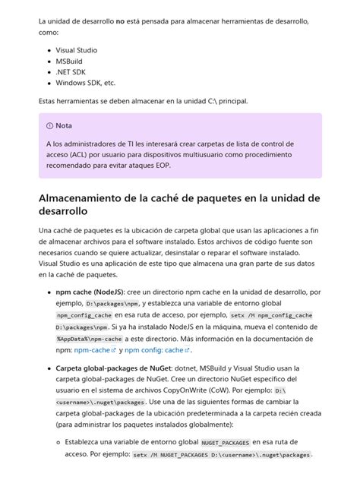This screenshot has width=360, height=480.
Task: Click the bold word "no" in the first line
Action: pos(119,21)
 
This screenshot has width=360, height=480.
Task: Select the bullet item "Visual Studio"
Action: pos(76,50)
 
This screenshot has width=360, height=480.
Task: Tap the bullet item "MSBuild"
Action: pos(70,61)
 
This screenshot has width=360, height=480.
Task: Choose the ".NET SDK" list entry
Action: pos(71,72)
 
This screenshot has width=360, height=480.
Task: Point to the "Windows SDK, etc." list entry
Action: pos(85,83)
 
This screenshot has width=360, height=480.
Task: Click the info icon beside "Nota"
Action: pos(49,125)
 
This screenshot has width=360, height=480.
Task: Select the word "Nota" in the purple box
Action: pos(64,125)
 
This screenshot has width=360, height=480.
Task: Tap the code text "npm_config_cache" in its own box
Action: pos(84,314)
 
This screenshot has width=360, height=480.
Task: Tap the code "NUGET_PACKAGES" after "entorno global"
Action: pos(226,442)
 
